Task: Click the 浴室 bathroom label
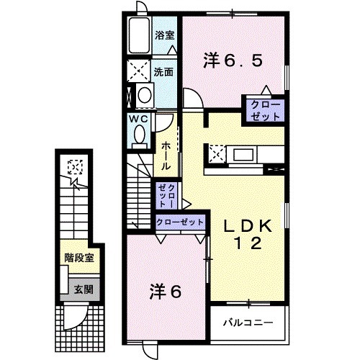[x=164, y=35]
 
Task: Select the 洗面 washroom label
[x=164, y=72]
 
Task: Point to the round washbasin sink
[x=144, y=95]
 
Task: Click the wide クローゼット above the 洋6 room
[x=179, y=222]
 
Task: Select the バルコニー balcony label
[x=247, y=320]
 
